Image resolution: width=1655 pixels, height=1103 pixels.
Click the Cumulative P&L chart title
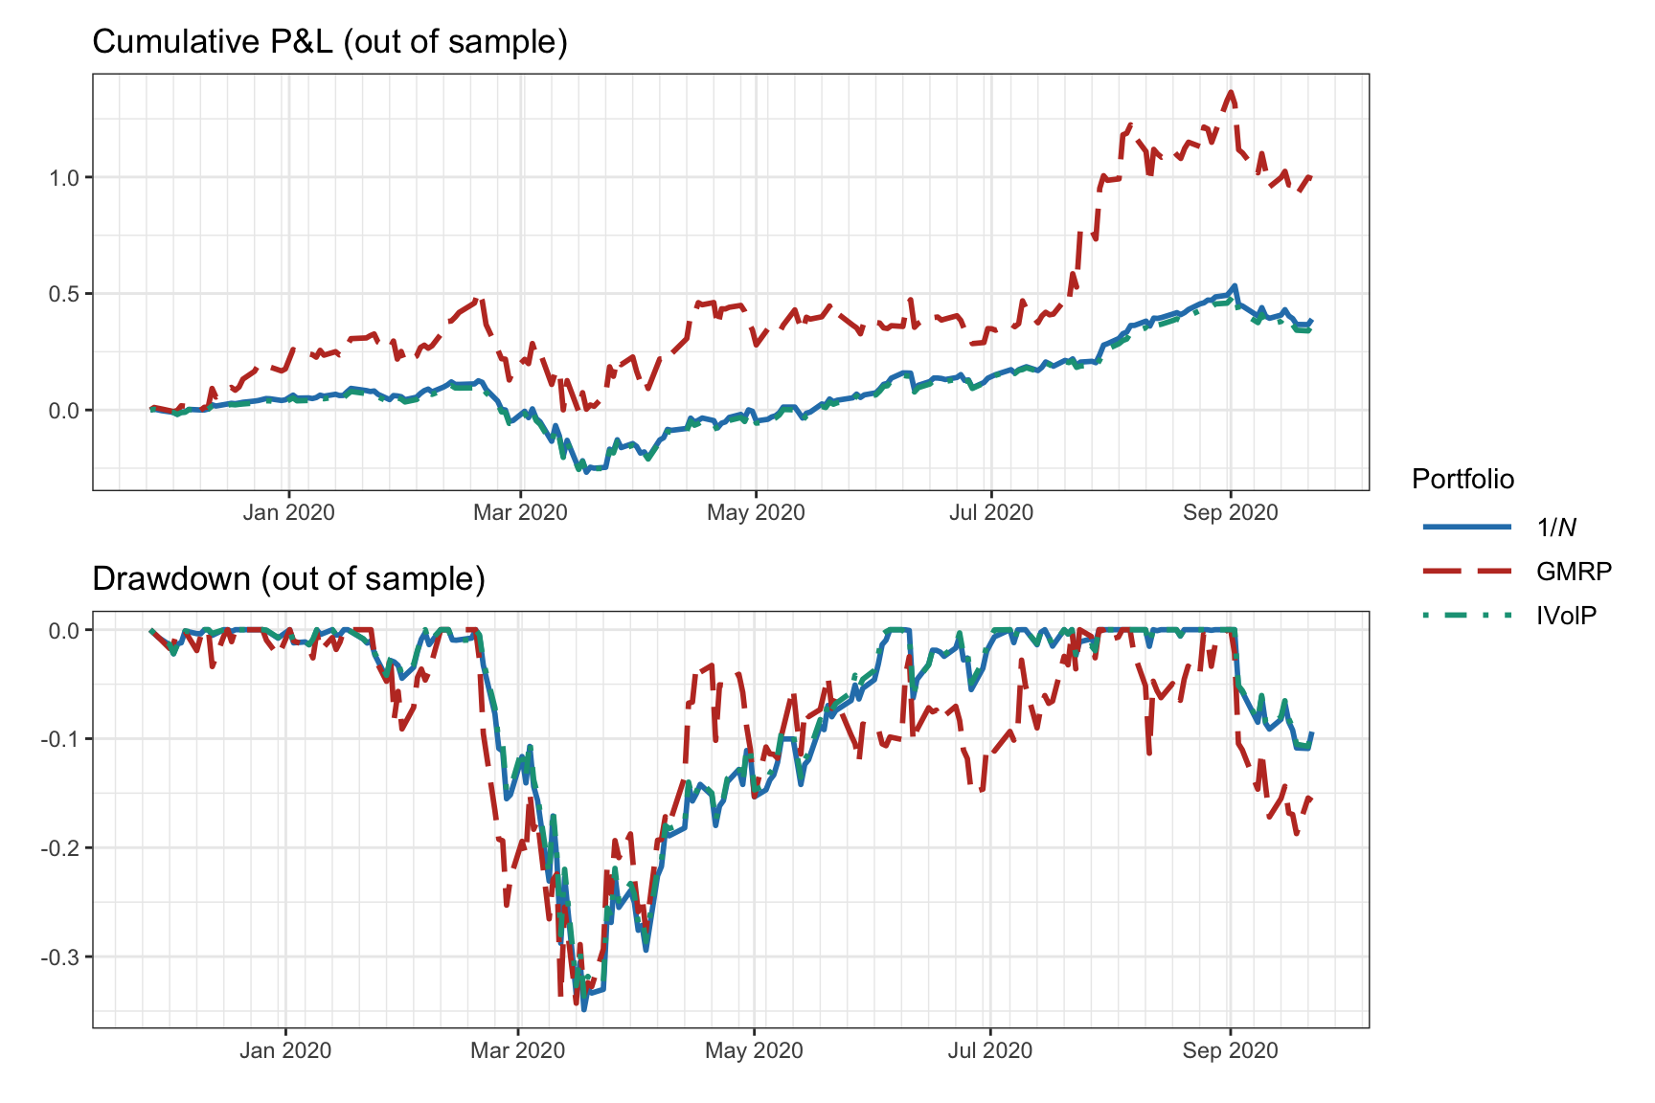[x=329, y=42]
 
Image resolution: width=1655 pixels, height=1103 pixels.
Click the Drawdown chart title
[x=288, y=579]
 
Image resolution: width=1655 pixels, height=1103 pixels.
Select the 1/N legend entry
[x=1556, y=527]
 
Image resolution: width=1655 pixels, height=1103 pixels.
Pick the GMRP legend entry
[x=1574, y=572]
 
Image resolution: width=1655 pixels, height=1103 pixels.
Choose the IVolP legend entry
[x=1566, y=616]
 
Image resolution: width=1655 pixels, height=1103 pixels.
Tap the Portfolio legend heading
[x=1462, y=480]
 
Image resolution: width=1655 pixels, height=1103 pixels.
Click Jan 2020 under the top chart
[x=288, y=512]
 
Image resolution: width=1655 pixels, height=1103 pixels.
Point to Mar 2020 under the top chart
[x=520, y=512]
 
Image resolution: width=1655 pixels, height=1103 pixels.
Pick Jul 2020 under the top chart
[x=991, y=512]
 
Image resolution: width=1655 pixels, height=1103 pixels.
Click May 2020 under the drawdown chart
[x=754, y=1050]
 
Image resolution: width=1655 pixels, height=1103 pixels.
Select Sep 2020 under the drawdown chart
[x=1230, y=1050]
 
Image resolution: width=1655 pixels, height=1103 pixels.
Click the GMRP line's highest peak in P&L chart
[x=1231, y=92]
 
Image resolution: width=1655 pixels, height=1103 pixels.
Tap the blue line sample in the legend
[x=1467, y=527]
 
